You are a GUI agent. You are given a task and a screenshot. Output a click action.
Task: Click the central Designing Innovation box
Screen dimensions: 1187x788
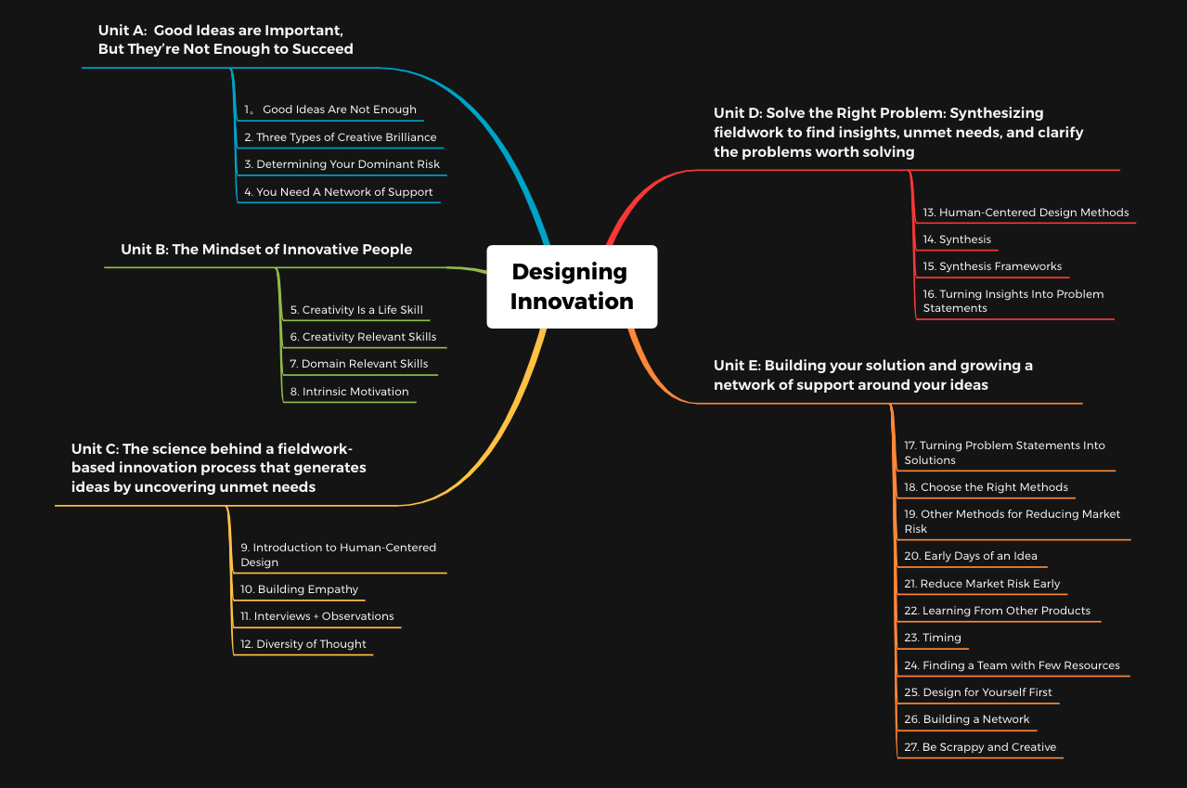[x=572, y=286]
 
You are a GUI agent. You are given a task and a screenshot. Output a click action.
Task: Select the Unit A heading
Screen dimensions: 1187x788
[x=226, y=40]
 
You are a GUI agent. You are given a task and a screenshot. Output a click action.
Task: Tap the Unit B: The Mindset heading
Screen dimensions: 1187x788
[x=266, y=249]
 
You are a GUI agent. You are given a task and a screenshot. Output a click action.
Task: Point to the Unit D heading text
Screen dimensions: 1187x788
[x=898, y=133]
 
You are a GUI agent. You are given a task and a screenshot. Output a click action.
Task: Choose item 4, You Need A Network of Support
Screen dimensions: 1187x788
[x=338, y=192]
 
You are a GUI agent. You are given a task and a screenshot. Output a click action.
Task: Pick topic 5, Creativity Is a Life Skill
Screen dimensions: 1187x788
[x=356, y=309]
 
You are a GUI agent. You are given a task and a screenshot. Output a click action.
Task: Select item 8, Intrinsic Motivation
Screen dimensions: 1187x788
[x=349, y=392]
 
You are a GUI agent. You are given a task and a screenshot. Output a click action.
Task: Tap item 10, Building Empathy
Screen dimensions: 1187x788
[x=299, y=589]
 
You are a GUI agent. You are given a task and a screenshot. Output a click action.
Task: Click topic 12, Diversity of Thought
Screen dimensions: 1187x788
[x=303, y=644]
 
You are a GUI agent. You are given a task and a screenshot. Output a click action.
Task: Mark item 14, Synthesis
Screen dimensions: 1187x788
[x=957, y=239]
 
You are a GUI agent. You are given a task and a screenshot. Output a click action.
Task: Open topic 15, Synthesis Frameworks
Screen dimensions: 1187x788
[x=992, y=266]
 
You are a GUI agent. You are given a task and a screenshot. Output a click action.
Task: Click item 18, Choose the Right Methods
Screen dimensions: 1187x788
[x=986, y=487]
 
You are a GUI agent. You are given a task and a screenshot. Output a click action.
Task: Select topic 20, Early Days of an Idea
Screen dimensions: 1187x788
[x=970, y=556]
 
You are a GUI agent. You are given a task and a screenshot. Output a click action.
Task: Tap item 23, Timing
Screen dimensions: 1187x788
[x=932, y=638]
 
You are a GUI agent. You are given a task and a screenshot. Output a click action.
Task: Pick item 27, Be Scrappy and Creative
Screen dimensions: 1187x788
[x=980, y=746]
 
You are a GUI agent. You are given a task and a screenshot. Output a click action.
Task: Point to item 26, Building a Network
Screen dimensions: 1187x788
[x=966, y=719]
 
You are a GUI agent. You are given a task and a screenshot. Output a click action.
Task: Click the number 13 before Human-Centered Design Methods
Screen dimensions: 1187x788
[x=929, y=213]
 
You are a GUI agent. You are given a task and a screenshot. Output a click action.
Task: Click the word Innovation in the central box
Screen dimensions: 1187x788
[x=572, y=301]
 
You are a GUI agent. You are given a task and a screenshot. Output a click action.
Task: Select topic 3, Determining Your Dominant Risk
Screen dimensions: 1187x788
[x=342, y=164]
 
